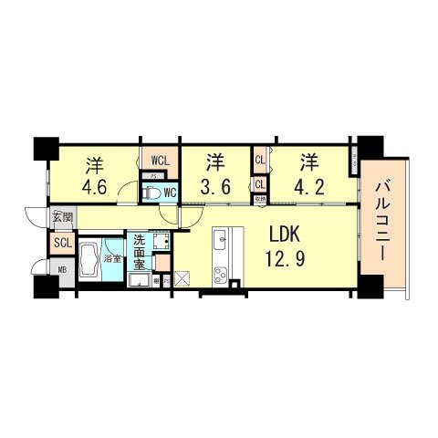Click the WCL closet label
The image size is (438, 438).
point(159,161)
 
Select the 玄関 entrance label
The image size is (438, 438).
point(61,218)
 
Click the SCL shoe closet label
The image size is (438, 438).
point(62,243)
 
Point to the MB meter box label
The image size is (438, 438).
point(62,271)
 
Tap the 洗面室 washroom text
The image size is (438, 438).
point(139,252)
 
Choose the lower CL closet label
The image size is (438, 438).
point(260,185)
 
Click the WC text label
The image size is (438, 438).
point(171,193)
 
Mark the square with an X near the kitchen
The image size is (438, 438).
point(181,279)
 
